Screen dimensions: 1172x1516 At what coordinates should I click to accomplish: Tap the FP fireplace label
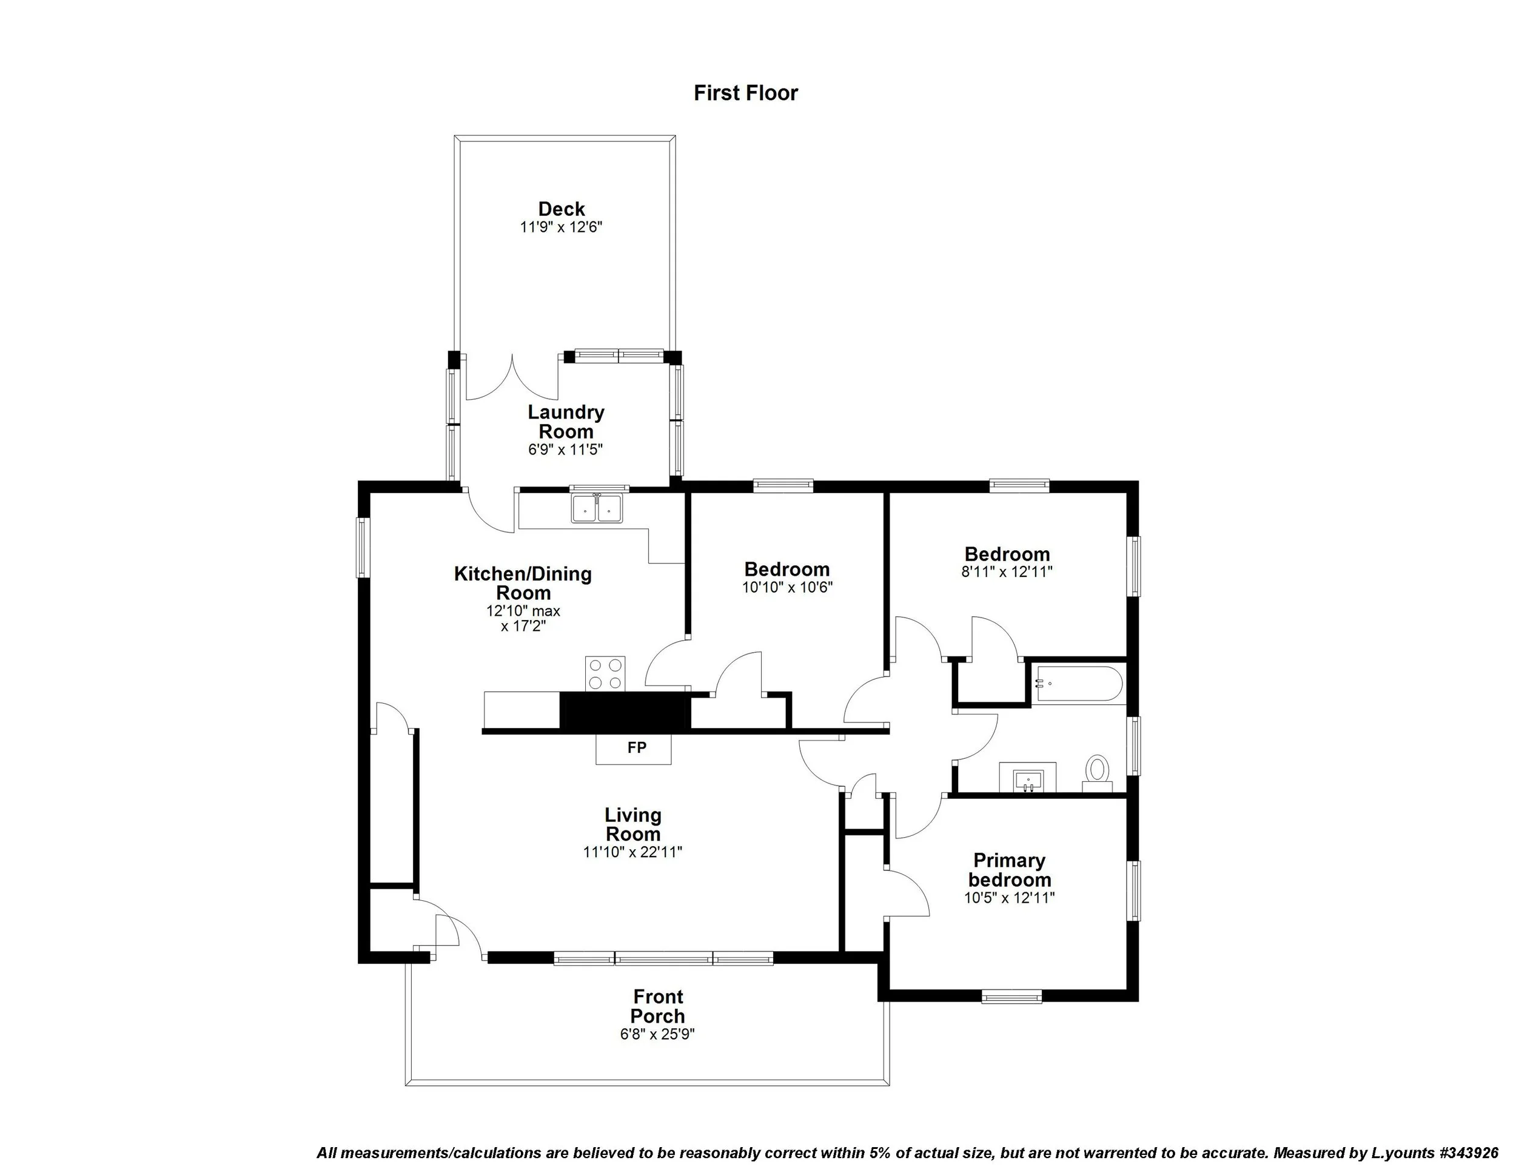coord(637,748)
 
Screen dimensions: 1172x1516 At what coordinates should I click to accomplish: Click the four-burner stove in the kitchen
coord(605,673)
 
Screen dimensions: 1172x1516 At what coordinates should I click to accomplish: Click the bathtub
coord(1078,684)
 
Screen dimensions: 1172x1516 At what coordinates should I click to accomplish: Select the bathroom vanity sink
coord(1027,778)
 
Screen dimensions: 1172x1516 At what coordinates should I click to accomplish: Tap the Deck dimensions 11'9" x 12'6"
coord(561,227)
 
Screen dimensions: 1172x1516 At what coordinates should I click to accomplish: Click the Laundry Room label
coord(566,422)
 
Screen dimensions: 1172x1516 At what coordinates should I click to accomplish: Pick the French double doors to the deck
coord(512,379)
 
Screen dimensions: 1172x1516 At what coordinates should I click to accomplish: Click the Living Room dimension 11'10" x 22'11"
coord(632,852)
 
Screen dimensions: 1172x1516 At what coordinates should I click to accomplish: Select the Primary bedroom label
coord(1009,870)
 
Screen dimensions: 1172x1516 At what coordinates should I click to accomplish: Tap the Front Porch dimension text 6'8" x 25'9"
coord(657,1034)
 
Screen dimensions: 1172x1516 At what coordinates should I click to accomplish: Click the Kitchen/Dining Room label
coord(523,583)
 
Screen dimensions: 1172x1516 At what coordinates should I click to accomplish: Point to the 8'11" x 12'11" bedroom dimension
coord(1007,572)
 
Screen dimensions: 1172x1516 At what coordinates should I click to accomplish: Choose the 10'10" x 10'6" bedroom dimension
coord(787,587)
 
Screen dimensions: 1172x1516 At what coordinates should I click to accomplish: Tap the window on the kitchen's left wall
coord(363,547)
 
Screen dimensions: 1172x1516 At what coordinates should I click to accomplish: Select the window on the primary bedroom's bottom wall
coord(1011,998)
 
